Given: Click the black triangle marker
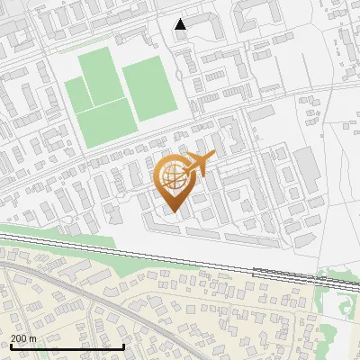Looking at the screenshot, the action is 181,24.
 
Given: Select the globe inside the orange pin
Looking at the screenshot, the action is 172,177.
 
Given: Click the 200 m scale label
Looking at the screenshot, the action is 23,337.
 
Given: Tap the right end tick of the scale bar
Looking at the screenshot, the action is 123,345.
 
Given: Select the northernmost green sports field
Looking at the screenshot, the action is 96,73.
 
